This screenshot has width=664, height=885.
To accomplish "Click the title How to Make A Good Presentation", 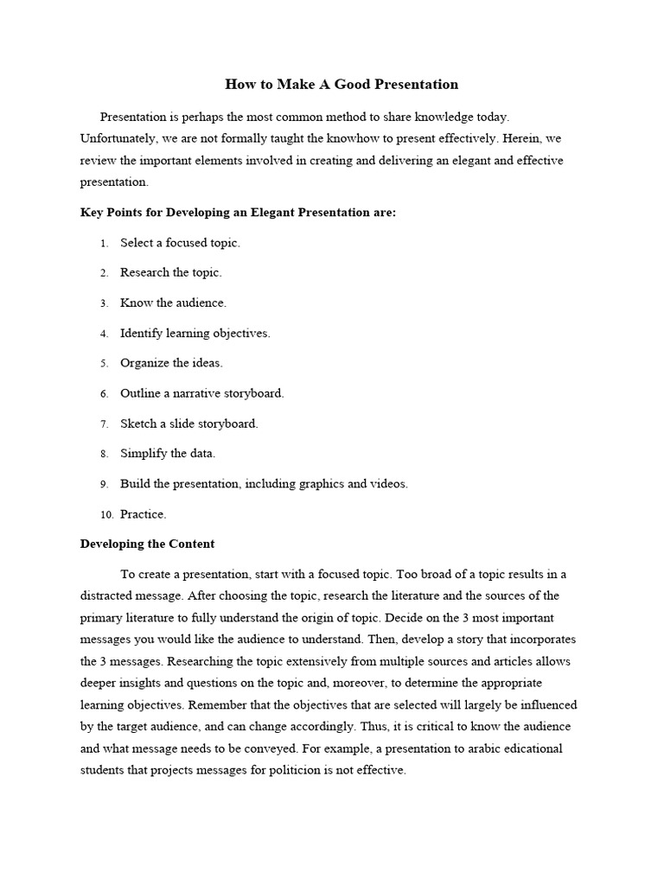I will pyautogui.click(x=342, y=84).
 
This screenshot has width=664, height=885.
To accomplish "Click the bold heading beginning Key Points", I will pyautogui.click(x=238, y=212).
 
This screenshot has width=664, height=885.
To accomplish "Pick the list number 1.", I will pyautogui.click(x=103, y=244).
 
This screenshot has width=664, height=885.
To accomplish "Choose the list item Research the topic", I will pyautogui.click(x=170, y=272).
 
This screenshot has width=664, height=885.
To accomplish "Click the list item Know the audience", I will pyautogui.click(x=173, y=302).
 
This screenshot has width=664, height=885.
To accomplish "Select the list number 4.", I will pyautogui.click(x=103, y=334).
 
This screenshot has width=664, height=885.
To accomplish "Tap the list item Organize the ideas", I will pyautogui.click(x=171, y=363).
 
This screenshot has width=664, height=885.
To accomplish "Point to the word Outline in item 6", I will pyautogui.click(x=140, y=393).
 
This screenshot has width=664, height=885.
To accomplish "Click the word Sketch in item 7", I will pyautogui.click(x=138, y=423).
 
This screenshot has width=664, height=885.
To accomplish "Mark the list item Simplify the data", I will pyautogui.click(x=168, y=453).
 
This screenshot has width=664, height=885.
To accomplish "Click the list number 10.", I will pyautogui.click(x=106, y=515).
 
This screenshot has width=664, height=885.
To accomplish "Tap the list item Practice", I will pyautogui.click(x=143, y=514).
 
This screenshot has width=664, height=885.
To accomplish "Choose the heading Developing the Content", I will pyautogui.click(x=147, y=544).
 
